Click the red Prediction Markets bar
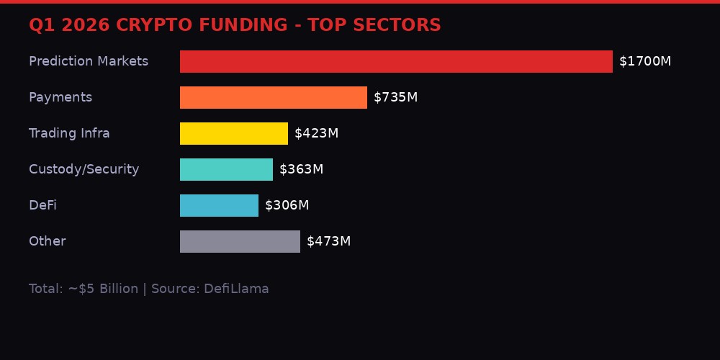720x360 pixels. pos(396,61)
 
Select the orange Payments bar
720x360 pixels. pos(274,97)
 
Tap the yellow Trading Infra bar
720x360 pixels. pos(234,133)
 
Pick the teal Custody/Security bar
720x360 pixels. pos(226,169)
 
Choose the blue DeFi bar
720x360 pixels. pos(219,205)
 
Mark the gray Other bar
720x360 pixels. pos(240,241)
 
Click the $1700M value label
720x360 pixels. pos(645,61)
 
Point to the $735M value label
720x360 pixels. pos(395,97)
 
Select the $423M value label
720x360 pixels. pos(316,133)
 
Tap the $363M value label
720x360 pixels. pos(301,169)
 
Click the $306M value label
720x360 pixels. pos(287,205)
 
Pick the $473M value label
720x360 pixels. pos(328,241)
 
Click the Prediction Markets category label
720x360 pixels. pos(89,61)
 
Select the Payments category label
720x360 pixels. pos(60,97)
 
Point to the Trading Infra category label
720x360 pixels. pos(69,133)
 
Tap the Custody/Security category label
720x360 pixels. pos(84,169)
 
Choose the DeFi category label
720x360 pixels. pos(42,205)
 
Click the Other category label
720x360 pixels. pos(47,241)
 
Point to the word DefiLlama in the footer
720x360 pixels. pos(236,289)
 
